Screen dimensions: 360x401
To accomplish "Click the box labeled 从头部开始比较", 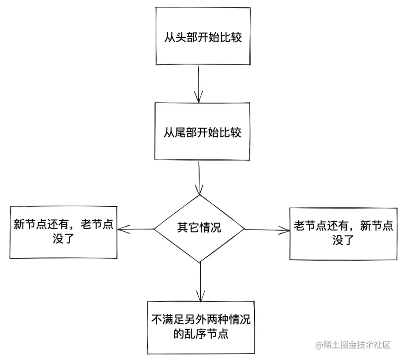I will [203, 37].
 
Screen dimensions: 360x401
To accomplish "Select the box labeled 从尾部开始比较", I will [203, 133].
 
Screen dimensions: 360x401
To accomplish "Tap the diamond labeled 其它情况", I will [199, 229].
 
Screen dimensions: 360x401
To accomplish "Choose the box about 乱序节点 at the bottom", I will [201, 327].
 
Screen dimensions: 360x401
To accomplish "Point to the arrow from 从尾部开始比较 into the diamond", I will [199, 179].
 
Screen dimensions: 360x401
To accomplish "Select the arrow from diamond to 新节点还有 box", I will [136, 229].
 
